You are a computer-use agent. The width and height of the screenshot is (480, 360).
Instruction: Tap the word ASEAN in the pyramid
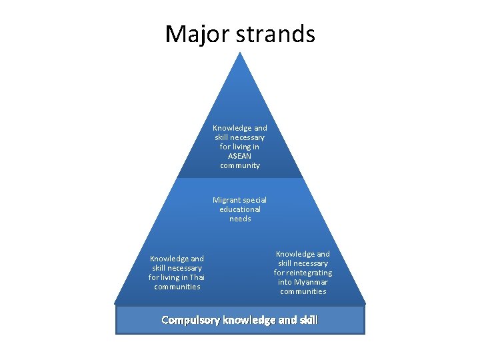coord(240,156)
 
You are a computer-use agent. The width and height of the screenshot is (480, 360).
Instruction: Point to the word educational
coord(240,209)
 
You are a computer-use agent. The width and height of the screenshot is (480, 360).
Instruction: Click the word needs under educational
coord(240,219)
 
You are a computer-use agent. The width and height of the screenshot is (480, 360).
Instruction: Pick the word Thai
coord(197,277)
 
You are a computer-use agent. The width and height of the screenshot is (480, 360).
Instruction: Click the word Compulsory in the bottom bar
coord(191,320)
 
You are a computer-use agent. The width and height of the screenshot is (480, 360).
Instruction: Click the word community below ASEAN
coord(240,165)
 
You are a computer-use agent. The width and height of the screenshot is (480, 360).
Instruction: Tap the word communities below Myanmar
coord(303,291)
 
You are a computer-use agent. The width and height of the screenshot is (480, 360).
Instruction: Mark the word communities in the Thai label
coord(177,287)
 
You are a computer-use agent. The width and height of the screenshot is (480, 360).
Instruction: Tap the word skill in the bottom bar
coord(309,320)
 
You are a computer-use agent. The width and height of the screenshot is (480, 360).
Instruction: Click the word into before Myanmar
coord(285,282)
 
